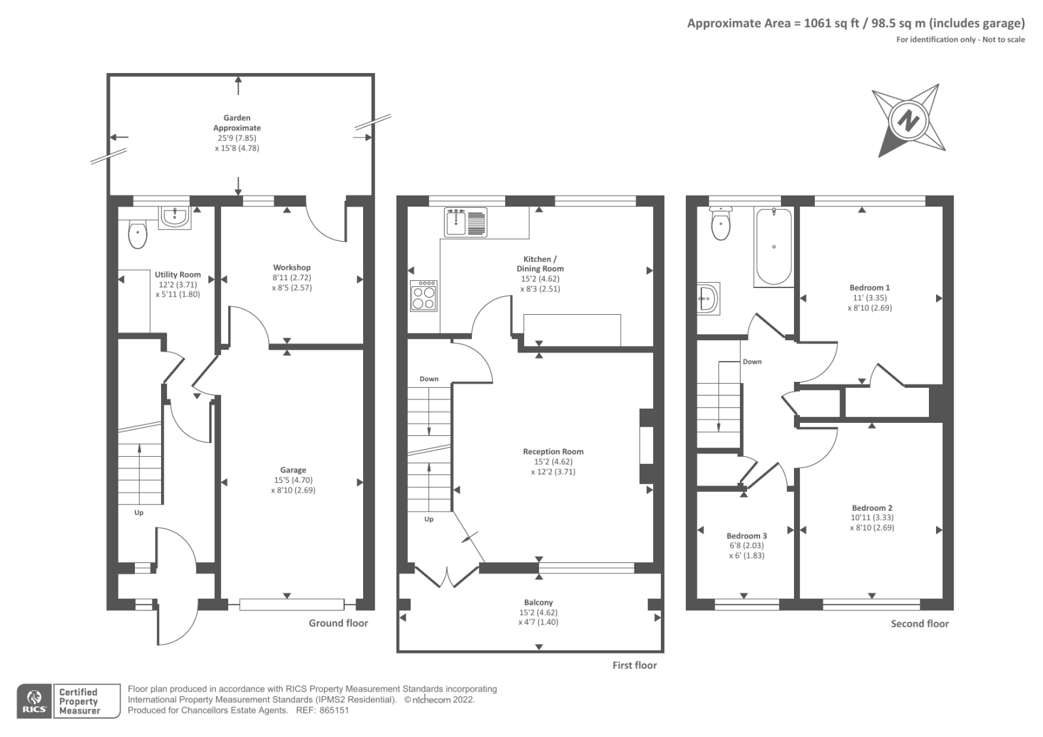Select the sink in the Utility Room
click(x=175, y=218)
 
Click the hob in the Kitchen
click(x=424, y=296)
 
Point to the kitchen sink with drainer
click(x=465, y=222)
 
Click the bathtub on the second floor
click(x=774, y=247)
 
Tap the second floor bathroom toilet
click(x=721, y=224)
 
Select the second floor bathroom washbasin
click(x=708, y=298)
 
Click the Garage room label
click(x=293, y=470)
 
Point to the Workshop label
click(x=292, y=267)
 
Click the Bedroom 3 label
click(x=746, y=536)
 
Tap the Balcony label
click(x=538, y=603)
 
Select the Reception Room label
click(x=553, y=452)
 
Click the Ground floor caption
click(x=338, y=623)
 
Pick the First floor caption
click(x=635, y=665)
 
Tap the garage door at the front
click(x=292, y=604)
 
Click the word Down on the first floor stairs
click(x=429, y=379)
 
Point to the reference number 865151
click(x=334, y=710)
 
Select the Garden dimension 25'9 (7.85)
click(x=237, y=137)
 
